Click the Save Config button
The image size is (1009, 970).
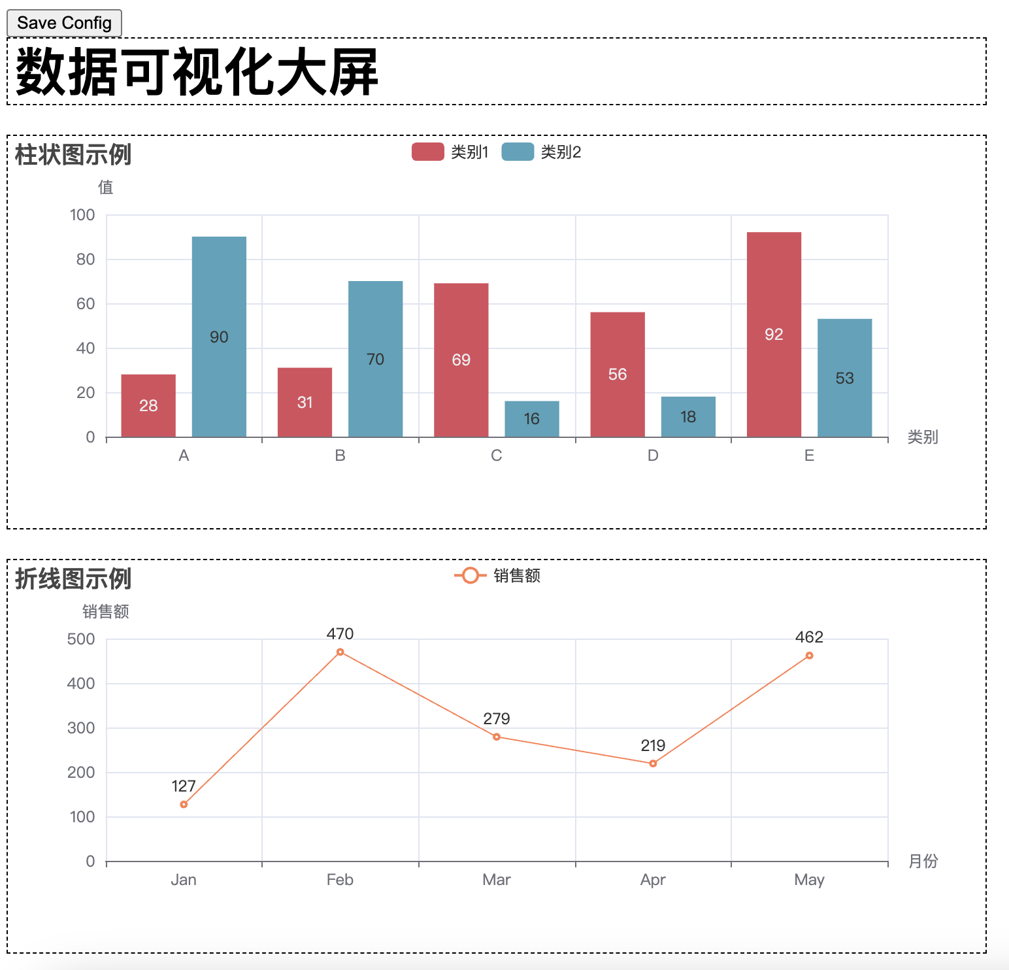coord(64,23)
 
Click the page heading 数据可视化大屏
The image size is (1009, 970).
coord(197,72)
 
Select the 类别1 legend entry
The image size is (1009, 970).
coord(450,152)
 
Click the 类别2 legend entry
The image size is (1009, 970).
coord(541,152)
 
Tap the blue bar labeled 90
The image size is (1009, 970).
coord(219,337)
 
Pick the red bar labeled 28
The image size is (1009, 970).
coord(148,405)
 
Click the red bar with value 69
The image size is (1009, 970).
coord(461,360)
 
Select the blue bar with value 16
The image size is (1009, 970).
coord(532,418)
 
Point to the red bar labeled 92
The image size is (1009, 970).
coord(774,334)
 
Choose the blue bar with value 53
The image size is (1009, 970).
coord(844,378)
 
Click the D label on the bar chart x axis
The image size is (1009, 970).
coord(653,456)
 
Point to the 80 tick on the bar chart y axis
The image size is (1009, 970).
coord(86,259)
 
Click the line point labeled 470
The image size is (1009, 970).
coord(340,652)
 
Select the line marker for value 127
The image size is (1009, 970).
coord(184,805)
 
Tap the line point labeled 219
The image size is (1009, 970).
coord(653,763)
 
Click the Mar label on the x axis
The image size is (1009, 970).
coord(497,880)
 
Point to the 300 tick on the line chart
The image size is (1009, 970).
coord(81,728)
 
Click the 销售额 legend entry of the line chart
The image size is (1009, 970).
coord(498,575)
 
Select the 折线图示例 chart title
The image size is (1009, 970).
coord(73,578)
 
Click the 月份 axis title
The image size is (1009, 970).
coord(923,861)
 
